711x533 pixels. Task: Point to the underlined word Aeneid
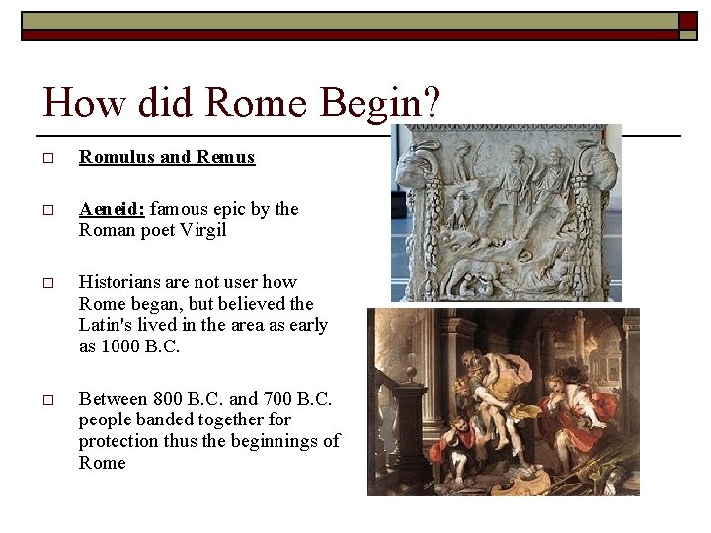112,209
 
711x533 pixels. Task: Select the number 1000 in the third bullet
124,346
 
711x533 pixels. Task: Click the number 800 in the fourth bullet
168,399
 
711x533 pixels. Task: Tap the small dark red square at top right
687,19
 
